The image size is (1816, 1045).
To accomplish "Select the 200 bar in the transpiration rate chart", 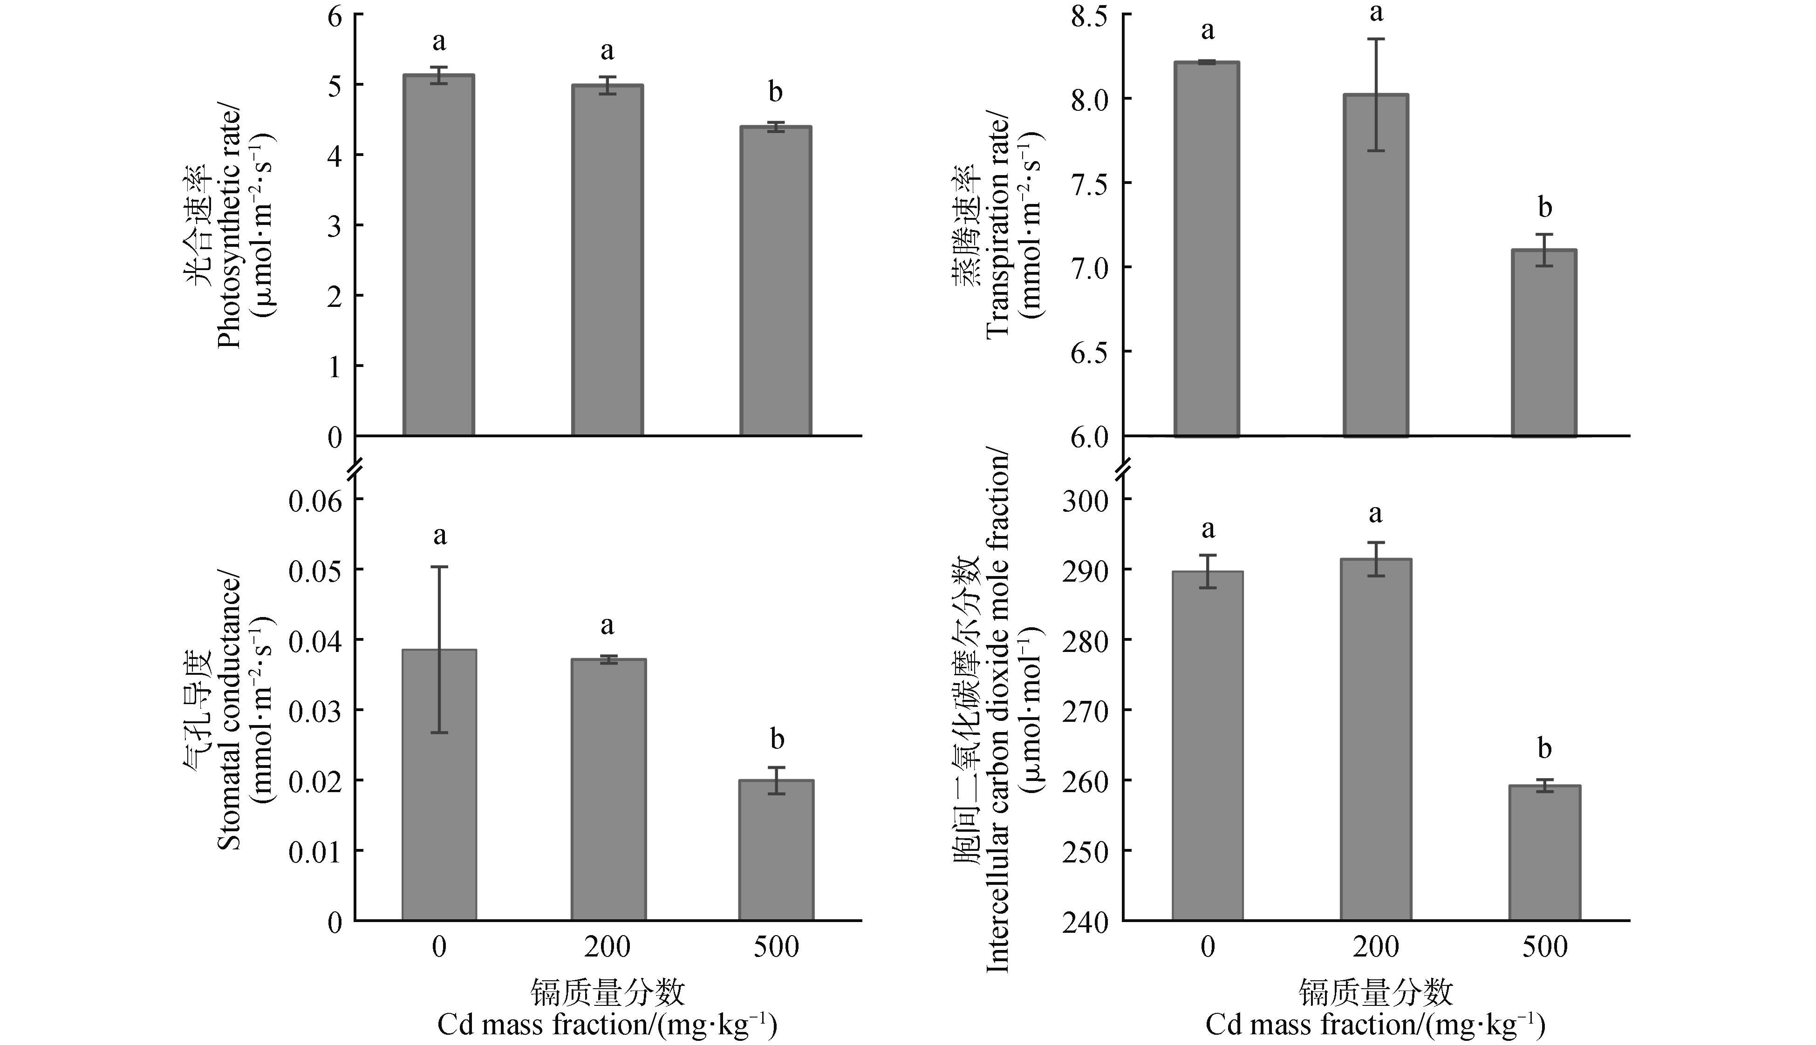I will click(x=1375, y=265).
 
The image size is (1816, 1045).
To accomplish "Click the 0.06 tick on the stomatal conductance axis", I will click(x=316, y=500).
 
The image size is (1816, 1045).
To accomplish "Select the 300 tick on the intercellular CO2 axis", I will click(x=1086, y=500).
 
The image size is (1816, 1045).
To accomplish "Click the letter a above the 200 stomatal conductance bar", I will click(x=607, y=626).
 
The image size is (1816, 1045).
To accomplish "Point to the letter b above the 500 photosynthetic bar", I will click(x=775, y=93).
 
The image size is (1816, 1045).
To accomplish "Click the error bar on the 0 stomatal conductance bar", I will click(x=439, y=650).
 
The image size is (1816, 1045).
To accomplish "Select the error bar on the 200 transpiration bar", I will click(x=1375, y=95).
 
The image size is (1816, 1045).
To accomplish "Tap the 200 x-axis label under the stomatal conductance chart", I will click(x=607, y=947).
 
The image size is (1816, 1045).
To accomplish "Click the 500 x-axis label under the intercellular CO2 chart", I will click(x=1545, y=947).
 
